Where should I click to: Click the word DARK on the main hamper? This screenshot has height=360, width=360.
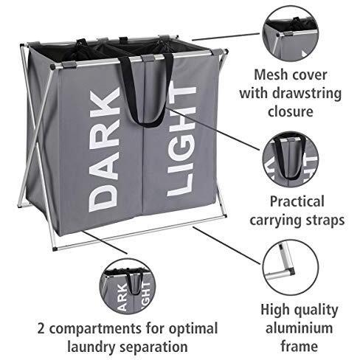click(x=105, y=150)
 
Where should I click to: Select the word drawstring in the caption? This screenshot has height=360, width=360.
click(x=307, y=94)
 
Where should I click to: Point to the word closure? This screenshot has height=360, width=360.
click(x=291, y=111)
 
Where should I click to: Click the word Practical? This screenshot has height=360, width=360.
click(x=297, y=201)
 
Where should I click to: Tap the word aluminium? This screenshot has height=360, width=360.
click(x=299, y=328)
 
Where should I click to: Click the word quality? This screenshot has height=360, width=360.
click(x=316, y=311)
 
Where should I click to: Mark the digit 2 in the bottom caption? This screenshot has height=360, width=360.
click(x=41, y=328)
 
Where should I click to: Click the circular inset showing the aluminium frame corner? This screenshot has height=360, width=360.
click(x=291, y=267)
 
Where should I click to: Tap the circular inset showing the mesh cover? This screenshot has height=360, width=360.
click(x=291, y=33)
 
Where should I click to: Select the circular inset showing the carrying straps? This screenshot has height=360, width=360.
click(x=291, y=159)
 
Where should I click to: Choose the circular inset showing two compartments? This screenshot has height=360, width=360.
click(x=128, y=286)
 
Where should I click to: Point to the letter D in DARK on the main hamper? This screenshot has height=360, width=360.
click(x=103, y=198)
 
